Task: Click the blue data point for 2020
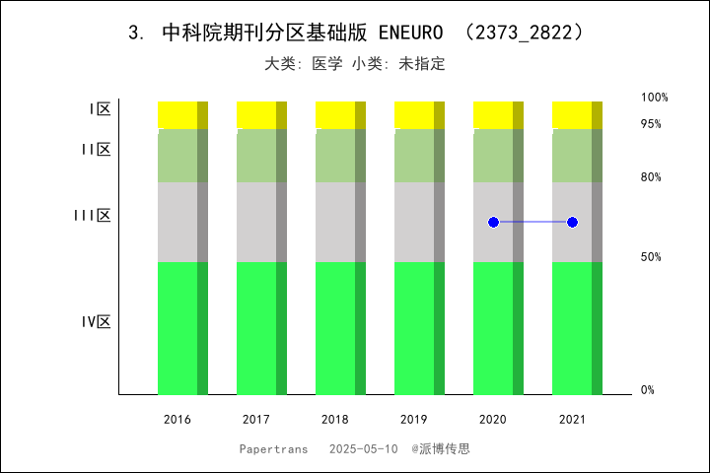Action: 493,222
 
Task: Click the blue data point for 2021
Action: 572,222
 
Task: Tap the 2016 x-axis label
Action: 177,420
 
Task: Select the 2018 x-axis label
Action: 335,420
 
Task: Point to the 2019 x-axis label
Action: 414,420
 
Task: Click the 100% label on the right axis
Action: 654,98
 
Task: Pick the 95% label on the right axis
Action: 651,124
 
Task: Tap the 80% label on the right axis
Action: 651,177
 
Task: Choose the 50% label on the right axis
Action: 651,257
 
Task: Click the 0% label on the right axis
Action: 648,390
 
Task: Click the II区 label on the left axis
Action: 96,150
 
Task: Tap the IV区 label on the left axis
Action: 96,322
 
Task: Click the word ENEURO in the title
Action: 410,33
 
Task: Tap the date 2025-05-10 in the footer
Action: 364,448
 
